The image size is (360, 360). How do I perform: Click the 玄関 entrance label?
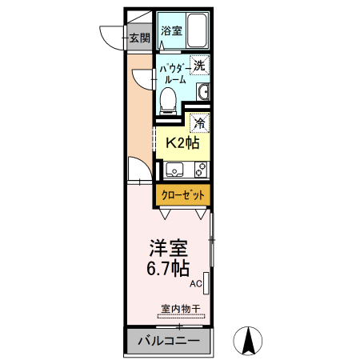[140, 38]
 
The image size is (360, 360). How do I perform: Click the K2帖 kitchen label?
[181, 143]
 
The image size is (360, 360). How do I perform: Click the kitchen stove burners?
[200, 170]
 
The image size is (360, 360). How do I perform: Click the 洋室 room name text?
[168, 248]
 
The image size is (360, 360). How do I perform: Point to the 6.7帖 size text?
[168, 268]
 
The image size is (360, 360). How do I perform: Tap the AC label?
[195, 284]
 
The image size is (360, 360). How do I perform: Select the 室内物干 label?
[179, 307]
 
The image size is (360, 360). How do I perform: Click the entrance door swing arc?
[112, 36]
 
